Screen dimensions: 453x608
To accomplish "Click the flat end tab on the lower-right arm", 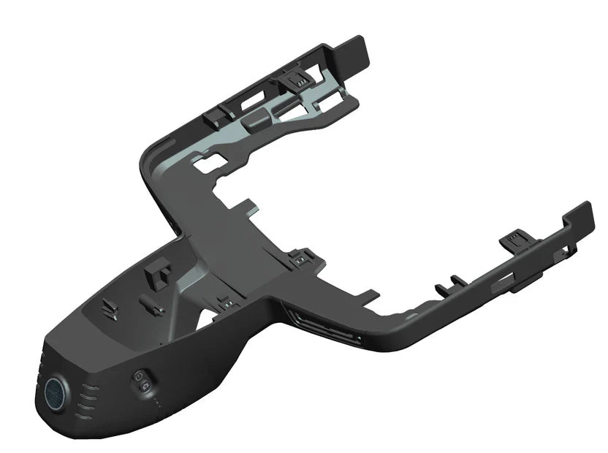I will point(580,216).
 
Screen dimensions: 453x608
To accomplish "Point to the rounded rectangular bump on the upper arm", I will point(255,121).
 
